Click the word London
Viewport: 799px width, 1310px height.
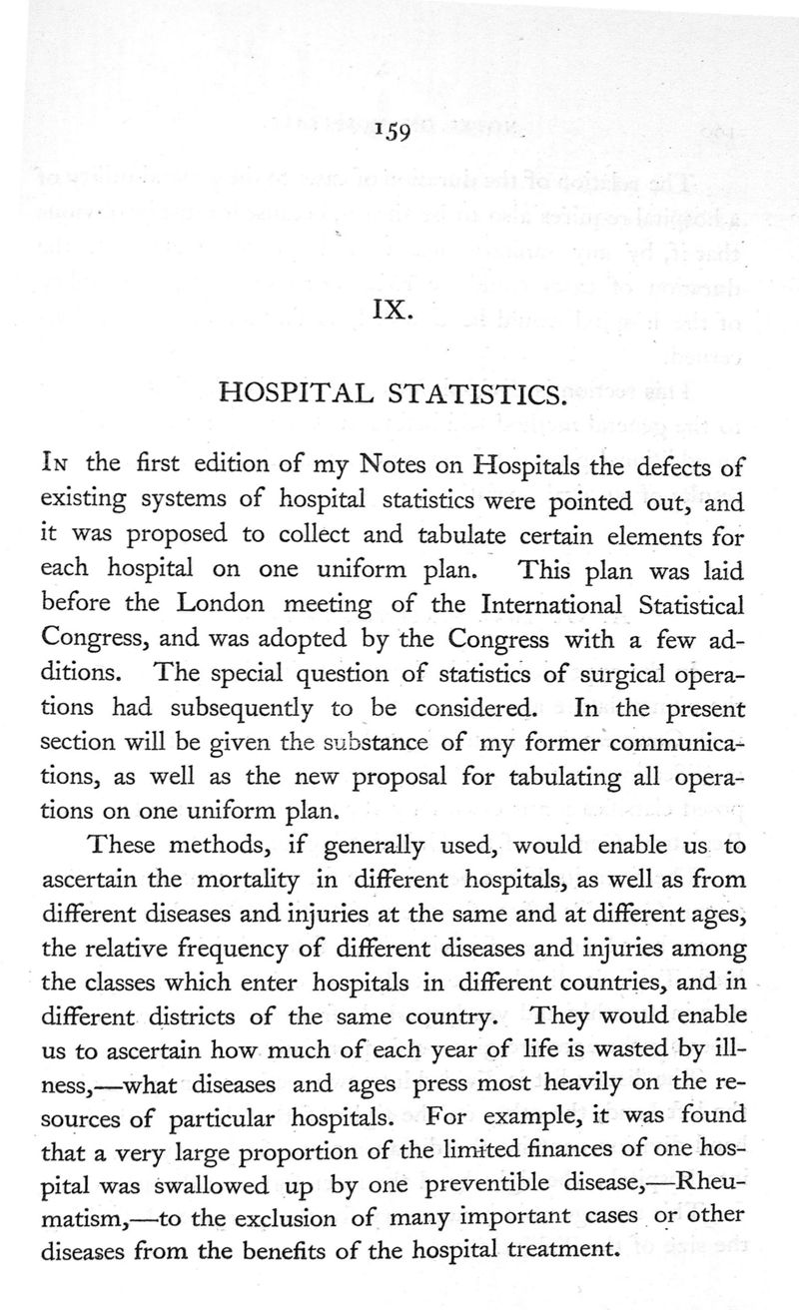click(232, 607)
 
